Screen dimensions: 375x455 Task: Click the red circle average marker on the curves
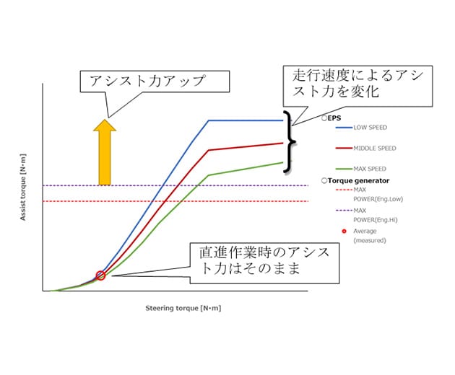(x=100, y=275)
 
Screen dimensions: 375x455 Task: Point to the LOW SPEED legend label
(x=371, y=128)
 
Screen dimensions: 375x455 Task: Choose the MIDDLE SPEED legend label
(x=376, y=149)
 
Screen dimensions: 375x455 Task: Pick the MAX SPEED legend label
(x=370, y=169)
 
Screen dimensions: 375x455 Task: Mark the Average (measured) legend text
(x=368, y=236)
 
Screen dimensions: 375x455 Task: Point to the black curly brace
(x=290, y=142)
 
